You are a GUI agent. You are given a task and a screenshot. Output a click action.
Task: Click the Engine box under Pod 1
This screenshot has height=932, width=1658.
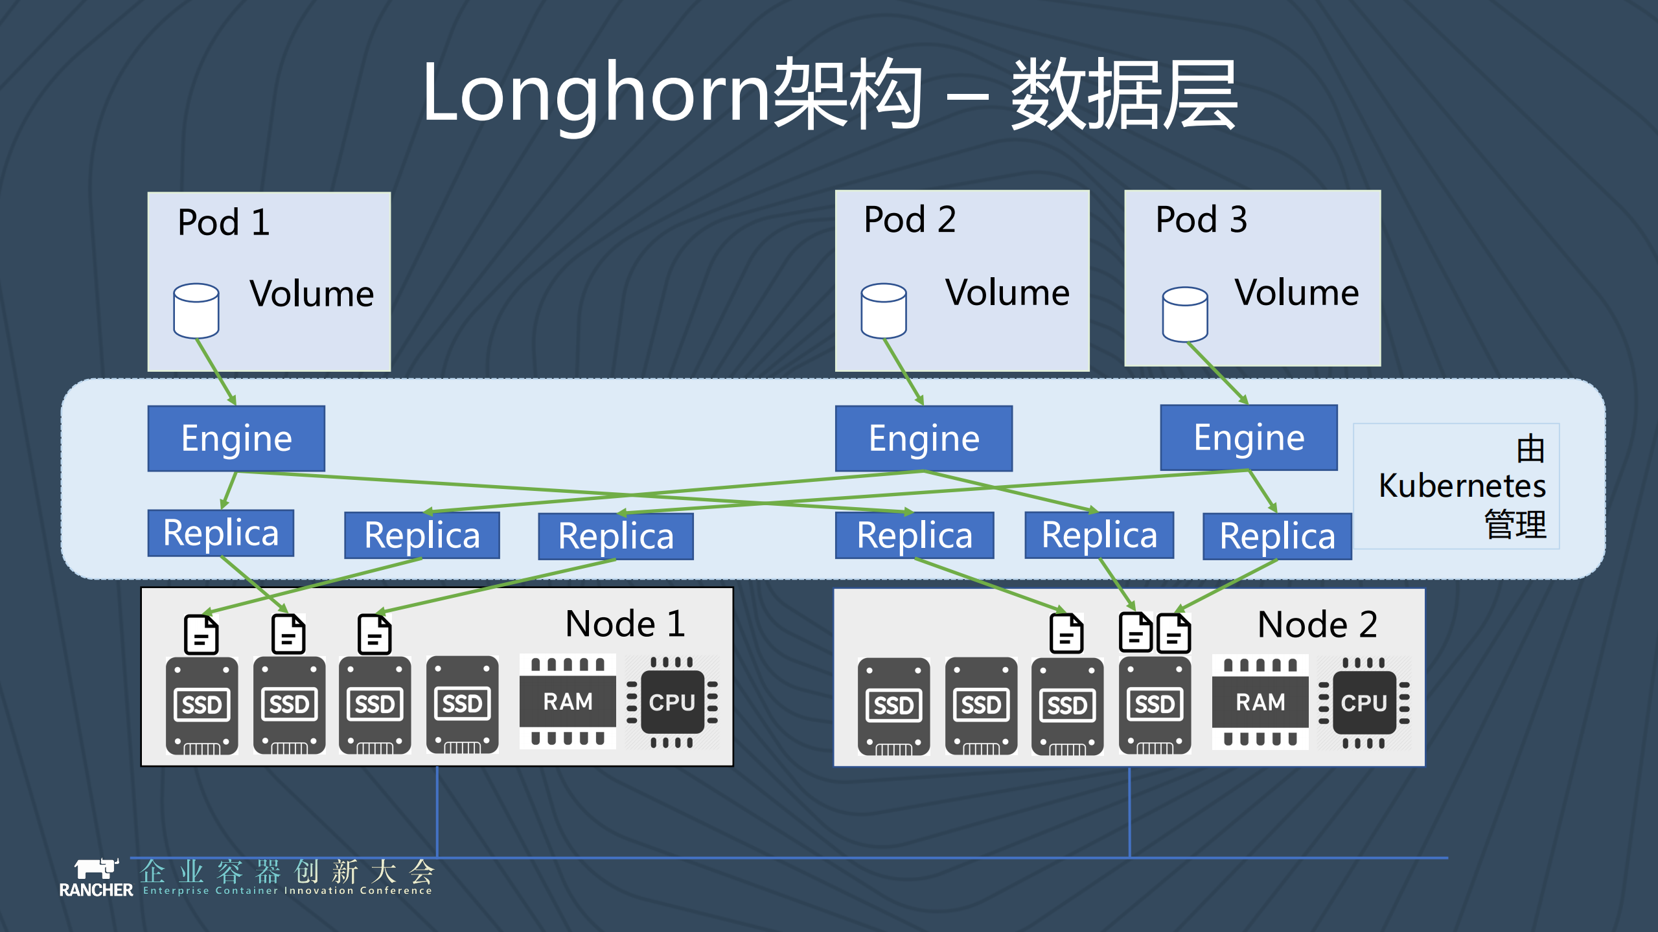click(236, 438)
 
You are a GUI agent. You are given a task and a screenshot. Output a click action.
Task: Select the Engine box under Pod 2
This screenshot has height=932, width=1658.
click(923, 438)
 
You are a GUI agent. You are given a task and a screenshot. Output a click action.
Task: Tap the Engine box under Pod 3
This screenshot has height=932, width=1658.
click(1249, 438)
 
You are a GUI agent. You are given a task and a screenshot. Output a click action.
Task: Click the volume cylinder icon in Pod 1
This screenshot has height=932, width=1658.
click(196, 311)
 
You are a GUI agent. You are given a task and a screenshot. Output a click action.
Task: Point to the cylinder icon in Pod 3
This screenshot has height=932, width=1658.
click(1184, 314)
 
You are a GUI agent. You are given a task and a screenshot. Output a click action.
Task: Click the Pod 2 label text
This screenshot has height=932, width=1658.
click(910, 220)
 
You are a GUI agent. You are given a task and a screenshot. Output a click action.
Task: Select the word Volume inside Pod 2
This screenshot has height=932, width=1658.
click(1007, 293)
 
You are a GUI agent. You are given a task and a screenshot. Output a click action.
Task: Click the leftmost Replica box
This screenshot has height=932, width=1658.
click(220, 533)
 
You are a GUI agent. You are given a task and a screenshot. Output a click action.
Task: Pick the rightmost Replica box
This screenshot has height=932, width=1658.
click(1277, 536)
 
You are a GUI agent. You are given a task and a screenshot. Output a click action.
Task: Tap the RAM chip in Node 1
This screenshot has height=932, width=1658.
click(568, 702)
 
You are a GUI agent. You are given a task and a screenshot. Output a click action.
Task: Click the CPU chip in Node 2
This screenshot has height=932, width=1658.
click(1363, 703)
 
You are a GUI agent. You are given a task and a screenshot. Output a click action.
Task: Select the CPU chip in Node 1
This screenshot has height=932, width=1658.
click(672, 703)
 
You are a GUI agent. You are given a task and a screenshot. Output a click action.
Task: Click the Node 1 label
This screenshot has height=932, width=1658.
click(625, 624)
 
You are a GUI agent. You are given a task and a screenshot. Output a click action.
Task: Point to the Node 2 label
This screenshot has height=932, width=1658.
click(1317, 625)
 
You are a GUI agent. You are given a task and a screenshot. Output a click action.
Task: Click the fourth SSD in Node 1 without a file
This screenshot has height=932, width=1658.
click(462, 705)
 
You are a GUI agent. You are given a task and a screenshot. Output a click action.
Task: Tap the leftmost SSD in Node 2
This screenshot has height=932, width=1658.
click(893, 706)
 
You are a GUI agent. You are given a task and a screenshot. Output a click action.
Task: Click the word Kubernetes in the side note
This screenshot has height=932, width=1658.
click(1462, 486)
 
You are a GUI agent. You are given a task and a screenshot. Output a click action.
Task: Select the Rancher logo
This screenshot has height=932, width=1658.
click(96, 878)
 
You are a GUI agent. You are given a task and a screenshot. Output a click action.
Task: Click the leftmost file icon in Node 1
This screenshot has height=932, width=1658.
click(201, 634)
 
